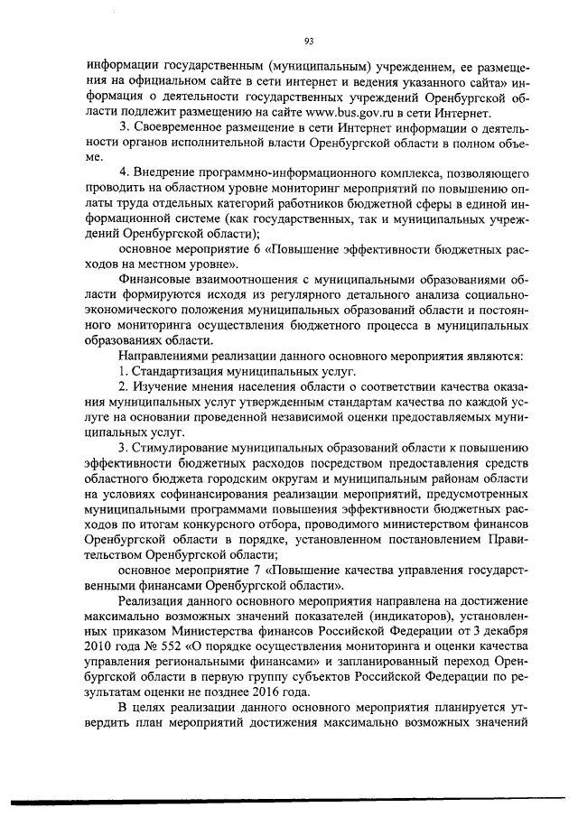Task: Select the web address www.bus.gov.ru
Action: (x=337, y=113)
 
